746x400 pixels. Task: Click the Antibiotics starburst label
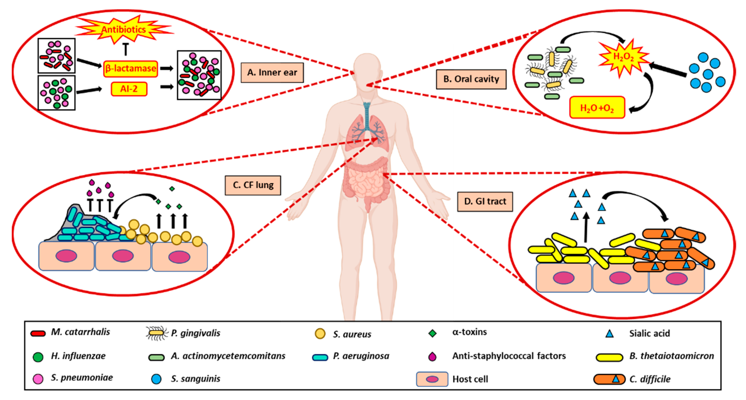point(124,30)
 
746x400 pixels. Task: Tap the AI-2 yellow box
point(129,89)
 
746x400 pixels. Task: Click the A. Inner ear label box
point(272,72)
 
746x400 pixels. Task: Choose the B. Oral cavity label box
point(471,79)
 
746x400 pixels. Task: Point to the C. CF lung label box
point(253,185)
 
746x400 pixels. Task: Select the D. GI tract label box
point(485,201)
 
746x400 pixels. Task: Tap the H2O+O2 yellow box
point(597,108)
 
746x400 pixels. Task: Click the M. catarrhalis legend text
point(80,332)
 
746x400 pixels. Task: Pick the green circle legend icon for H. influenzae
point(38,357)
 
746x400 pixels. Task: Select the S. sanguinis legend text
point(196,379)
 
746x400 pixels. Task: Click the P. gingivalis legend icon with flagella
point(157,333)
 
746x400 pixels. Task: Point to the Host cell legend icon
point(432,379)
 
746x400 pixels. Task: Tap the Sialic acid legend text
point(649,333)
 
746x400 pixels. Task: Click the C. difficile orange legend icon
point(609,379)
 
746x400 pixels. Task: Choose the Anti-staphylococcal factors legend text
point(509,356)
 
